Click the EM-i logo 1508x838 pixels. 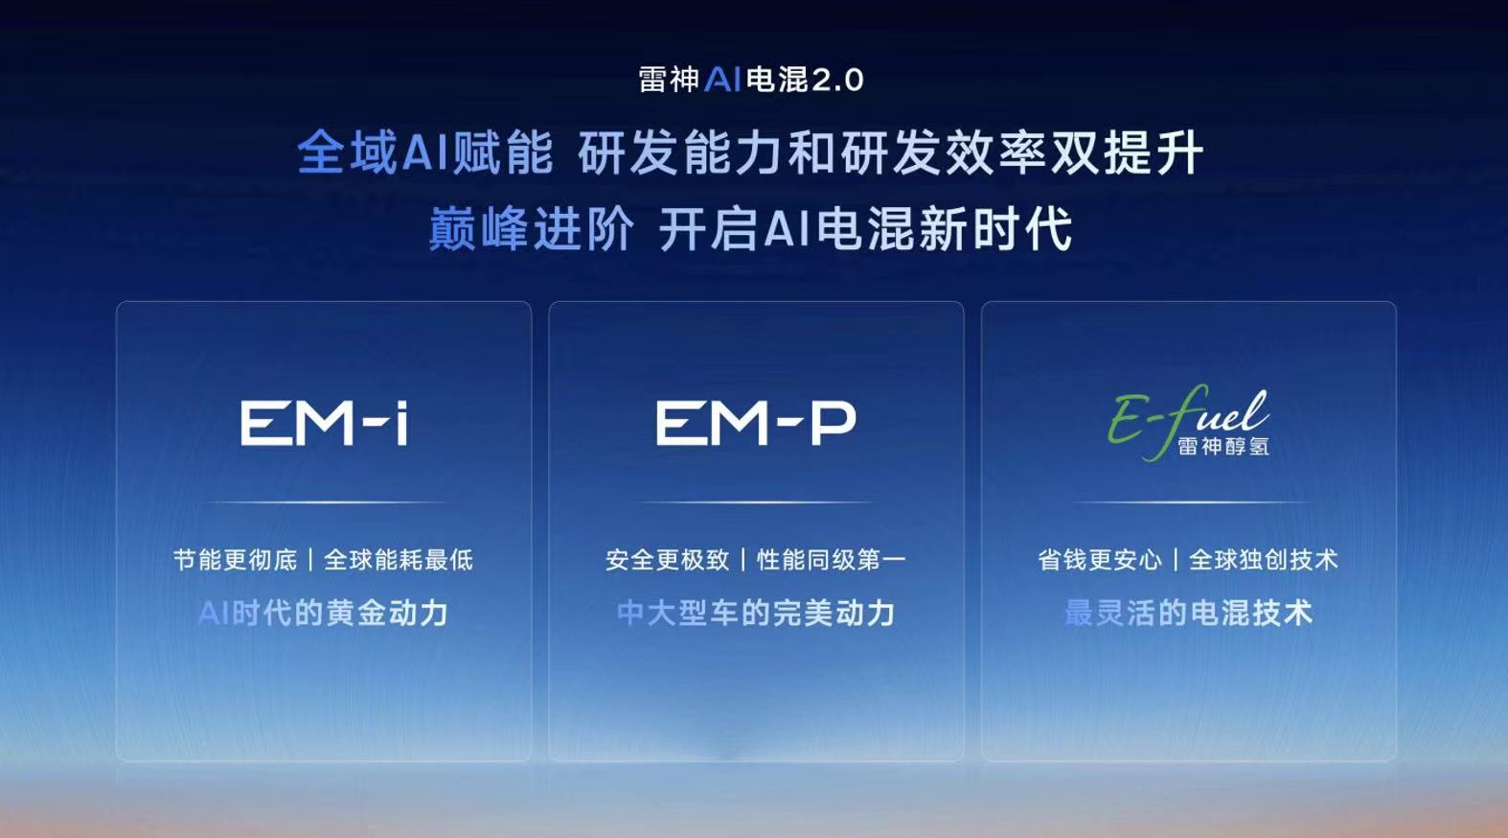[324, 423]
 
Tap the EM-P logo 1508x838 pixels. [756, 423]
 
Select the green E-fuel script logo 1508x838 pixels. [1188, 423]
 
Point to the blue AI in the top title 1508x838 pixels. [722, 81]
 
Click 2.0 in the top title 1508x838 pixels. [837, 81]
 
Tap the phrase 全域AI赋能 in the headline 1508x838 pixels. [425, 152]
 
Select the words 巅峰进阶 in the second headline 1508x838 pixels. [531, 229]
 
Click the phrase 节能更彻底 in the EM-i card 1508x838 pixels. [235, 560]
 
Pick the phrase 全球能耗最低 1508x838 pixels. [399, 560]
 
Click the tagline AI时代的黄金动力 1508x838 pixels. [323, 614]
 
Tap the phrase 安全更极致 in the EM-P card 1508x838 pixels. [667, 560]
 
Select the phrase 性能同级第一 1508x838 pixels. [832, 560]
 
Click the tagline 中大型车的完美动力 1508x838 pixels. [756, 614]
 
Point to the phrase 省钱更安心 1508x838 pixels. [1100, 560]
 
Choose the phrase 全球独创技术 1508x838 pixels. [1264, 560]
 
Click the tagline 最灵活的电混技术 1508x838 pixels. [1188, 614]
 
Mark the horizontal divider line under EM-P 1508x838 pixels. [756, 502]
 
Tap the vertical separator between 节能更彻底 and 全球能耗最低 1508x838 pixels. [310, 560]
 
